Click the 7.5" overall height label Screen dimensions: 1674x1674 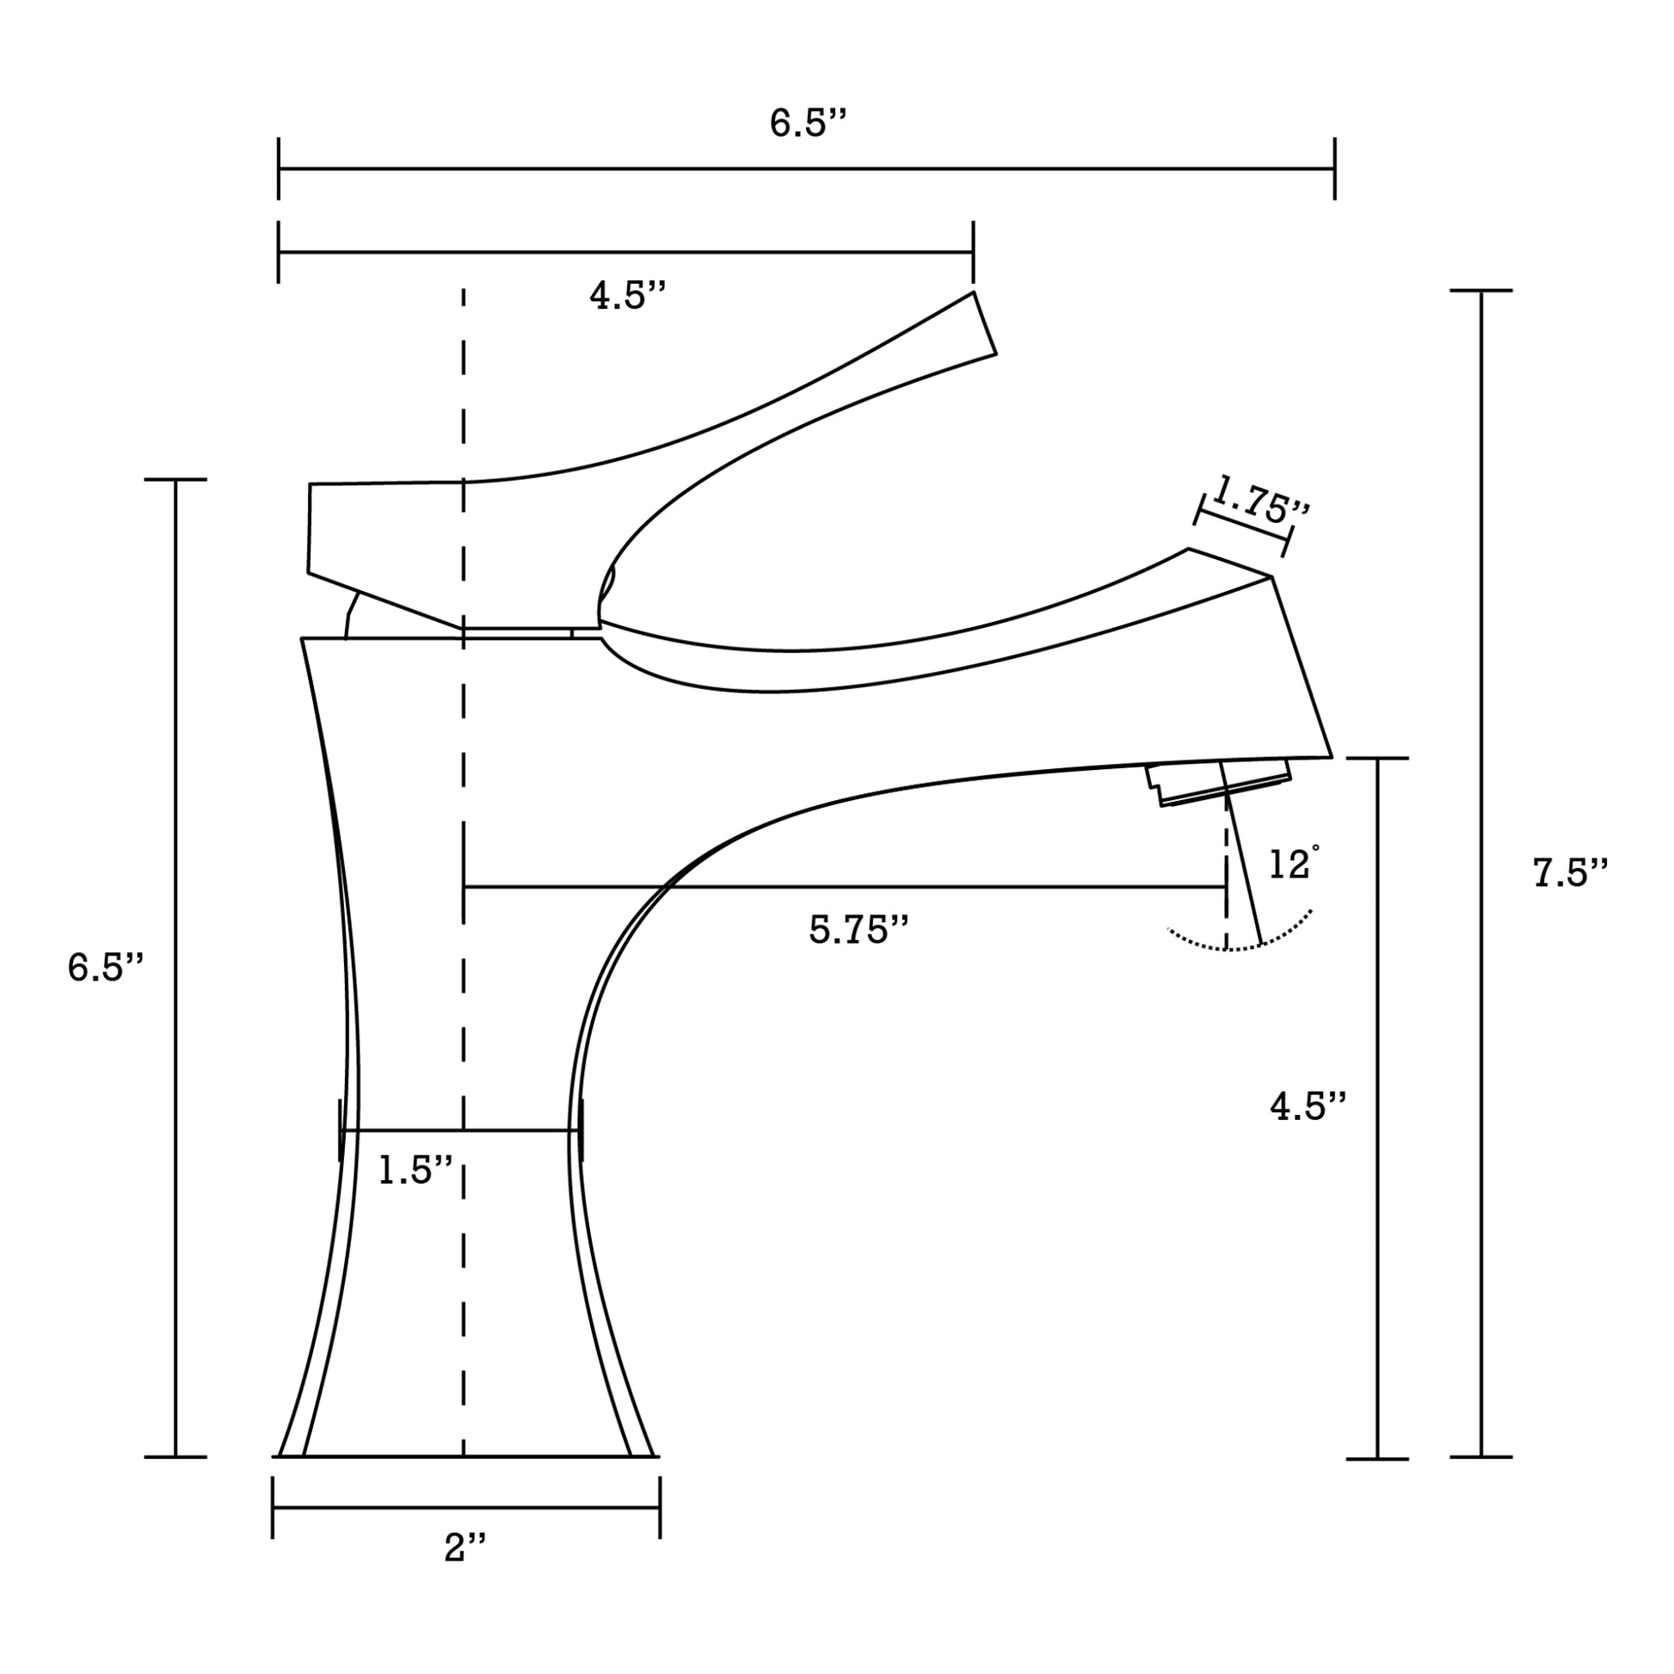(x=1569, y=872)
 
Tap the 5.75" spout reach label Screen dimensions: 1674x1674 (x=859, y=930)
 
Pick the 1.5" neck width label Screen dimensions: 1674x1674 (x=415, y=1171)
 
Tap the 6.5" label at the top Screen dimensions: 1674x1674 (x=807, y=123)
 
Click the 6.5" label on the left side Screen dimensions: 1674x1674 (x=105, y=967)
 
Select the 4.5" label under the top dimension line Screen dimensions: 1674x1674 (x=627, y=296)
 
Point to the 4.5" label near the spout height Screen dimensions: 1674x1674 (x=1308, y=1106)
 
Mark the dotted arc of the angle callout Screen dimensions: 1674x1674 (x=1239, y=948)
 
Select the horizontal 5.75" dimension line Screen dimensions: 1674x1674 (x=845, y=886)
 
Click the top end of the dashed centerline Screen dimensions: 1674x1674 (x=464, y=292)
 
